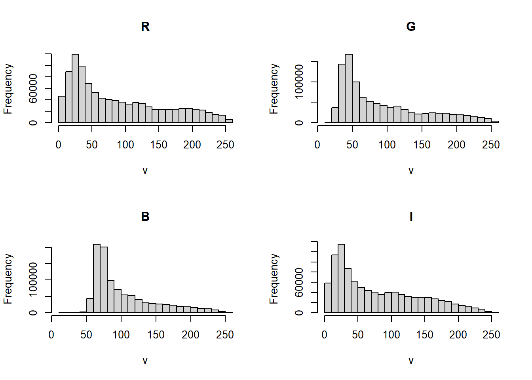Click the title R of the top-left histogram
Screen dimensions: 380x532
click(145, 27)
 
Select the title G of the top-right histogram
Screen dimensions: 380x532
click(411, 27)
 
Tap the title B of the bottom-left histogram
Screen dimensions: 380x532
click(145, 217)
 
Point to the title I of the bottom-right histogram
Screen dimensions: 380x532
click(411, 217)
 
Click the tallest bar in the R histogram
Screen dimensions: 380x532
click(75, 89)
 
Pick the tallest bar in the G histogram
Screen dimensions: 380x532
click(349, 89)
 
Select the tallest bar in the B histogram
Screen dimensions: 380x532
click(97, 279)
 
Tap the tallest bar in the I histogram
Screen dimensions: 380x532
click(341, 279)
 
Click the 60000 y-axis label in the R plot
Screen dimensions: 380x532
click(33, 88)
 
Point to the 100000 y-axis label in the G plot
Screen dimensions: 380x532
click(299, 82)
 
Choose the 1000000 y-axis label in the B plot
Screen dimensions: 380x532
click(33, 279)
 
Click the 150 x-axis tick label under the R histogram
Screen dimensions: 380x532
click(159, 145)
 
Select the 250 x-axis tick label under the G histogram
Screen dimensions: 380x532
click(491, 145)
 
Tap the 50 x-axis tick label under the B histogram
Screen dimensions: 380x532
click(86, 335)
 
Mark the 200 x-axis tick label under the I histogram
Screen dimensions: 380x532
click(458, 335)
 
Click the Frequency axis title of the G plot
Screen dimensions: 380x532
click(274, 89)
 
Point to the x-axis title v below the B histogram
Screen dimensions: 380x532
click(145, 360)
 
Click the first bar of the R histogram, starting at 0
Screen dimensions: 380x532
click(62, 110)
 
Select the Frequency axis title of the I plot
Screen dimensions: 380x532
click(274, 279)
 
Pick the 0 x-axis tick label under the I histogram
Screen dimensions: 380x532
click(325, 335)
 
